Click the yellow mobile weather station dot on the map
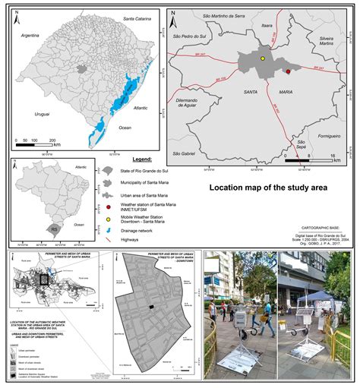[263, 58]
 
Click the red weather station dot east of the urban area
[289, 71]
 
